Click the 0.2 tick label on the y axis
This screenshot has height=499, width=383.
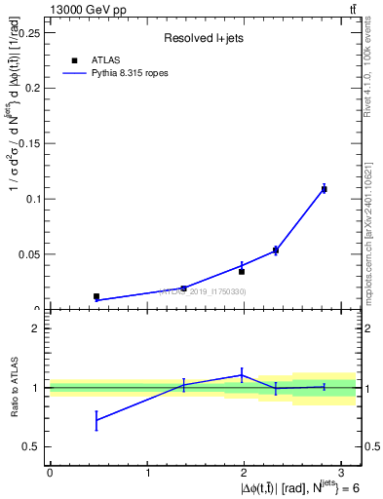32,87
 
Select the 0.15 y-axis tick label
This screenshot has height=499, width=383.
29,142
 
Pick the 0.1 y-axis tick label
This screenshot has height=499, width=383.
32,198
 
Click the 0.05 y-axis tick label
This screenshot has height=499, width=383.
29,253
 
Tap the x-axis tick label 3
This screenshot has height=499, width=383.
345,473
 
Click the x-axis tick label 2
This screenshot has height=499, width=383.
247,473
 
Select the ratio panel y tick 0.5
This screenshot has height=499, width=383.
32,446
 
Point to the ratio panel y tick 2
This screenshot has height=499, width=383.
36,328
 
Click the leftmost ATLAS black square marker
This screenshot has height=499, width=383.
96,296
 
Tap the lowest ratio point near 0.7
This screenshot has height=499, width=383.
96,420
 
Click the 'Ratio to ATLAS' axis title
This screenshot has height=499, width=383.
13,387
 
